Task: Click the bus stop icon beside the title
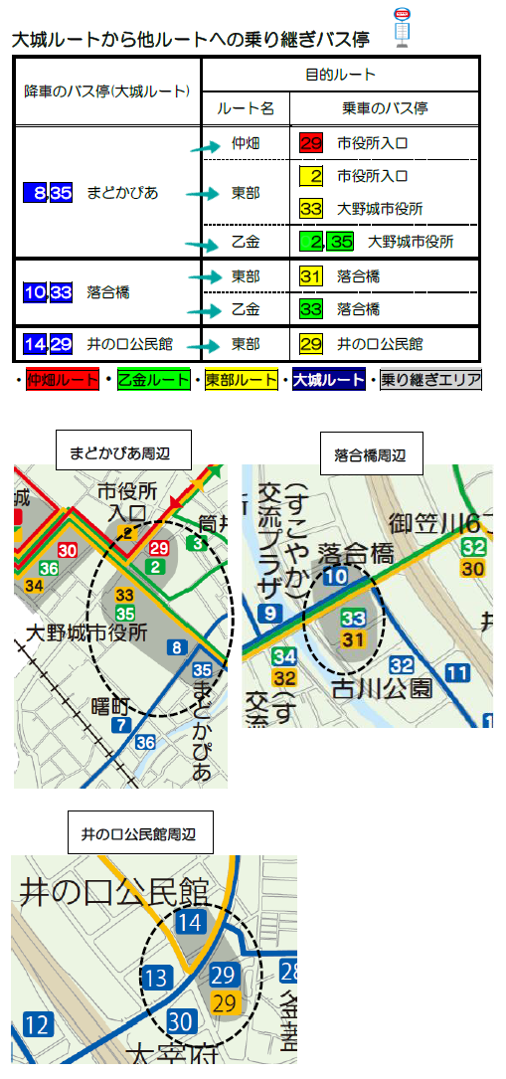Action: point(402,26)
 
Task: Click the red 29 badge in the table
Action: point(310,143)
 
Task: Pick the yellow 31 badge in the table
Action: point(310,275)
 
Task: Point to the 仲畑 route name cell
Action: point(245,143)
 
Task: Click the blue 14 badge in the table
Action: point(35,344)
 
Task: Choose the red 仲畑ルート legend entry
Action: point(63,380)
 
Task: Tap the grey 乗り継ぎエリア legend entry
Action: point(430,380)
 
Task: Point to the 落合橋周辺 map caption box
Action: point(371,455)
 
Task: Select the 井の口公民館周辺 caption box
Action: point(139,834)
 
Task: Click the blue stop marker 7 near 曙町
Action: point(121,724)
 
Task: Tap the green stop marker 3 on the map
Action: point(199,543)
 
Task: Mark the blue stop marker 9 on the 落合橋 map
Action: point(267,614)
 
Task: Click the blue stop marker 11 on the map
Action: point(458,673)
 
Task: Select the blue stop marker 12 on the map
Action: point(38,1023)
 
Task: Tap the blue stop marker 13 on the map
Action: point(155,978)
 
